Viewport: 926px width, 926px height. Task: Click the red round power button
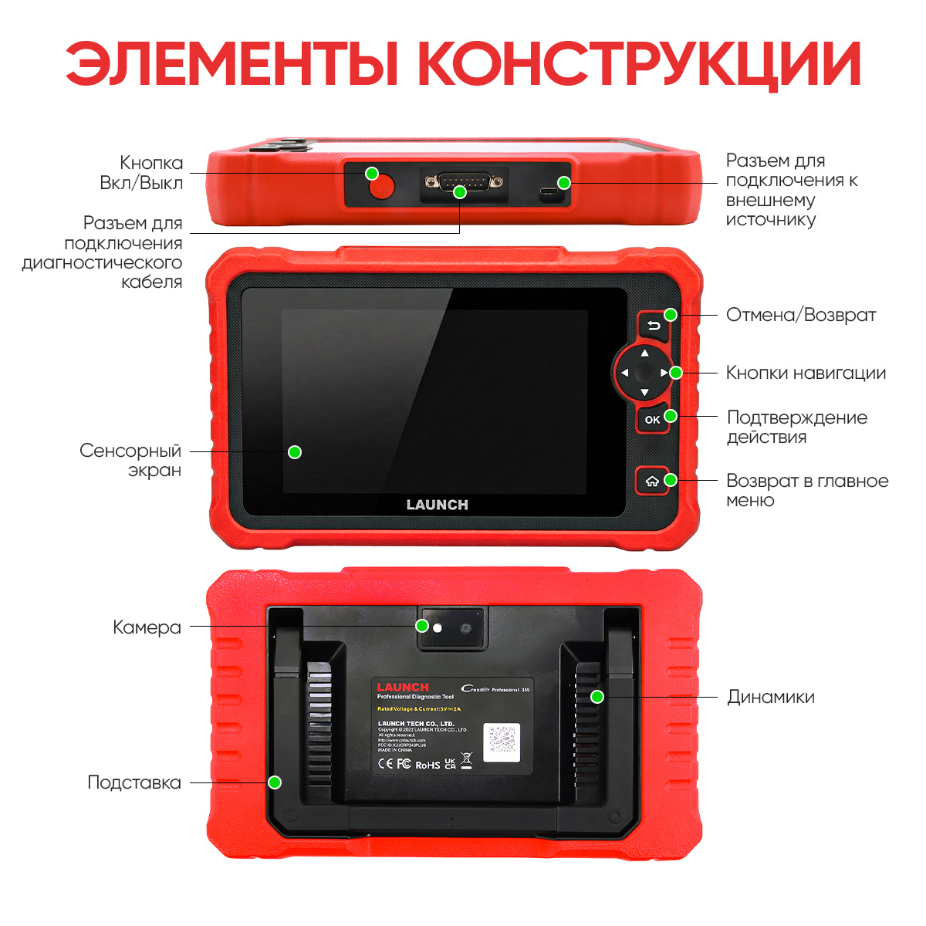(x=381, y=188)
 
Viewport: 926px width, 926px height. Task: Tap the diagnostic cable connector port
(x=463, y=184)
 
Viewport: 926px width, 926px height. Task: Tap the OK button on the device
(x=653, y=420)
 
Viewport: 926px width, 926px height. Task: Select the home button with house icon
(x=652, y=482)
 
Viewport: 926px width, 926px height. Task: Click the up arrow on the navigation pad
(x=645, y=353)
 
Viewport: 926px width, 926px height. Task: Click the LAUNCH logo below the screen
(x=437, y=505)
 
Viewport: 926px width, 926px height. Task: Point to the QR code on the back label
(x=502, y=741)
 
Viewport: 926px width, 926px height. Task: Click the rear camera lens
(x=466, y=629)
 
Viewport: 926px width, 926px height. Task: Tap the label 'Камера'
(x=147, y=627)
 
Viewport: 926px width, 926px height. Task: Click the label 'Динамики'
(x=770, y=697)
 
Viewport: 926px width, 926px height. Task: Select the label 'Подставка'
(x=134, y=782)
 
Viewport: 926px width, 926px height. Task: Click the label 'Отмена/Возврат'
(x=801, y=315)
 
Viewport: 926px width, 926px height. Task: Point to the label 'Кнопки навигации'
(x=806, y=373)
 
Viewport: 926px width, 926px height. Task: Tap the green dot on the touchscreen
(x=295, y=452)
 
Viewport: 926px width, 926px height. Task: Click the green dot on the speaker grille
(x=597, y=697)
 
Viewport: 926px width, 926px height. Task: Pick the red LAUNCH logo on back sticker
(x=403, y=687)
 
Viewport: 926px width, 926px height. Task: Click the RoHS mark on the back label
(x=428, y=765)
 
